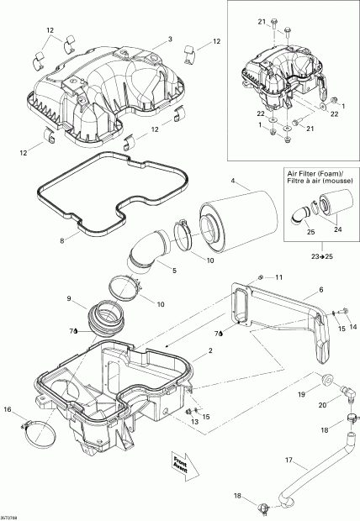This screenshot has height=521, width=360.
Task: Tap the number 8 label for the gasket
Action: point(62,241)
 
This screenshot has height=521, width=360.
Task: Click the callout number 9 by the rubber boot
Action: point(70,298)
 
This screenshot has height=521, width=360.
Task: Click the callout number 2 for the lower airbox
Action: point(198,362)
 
